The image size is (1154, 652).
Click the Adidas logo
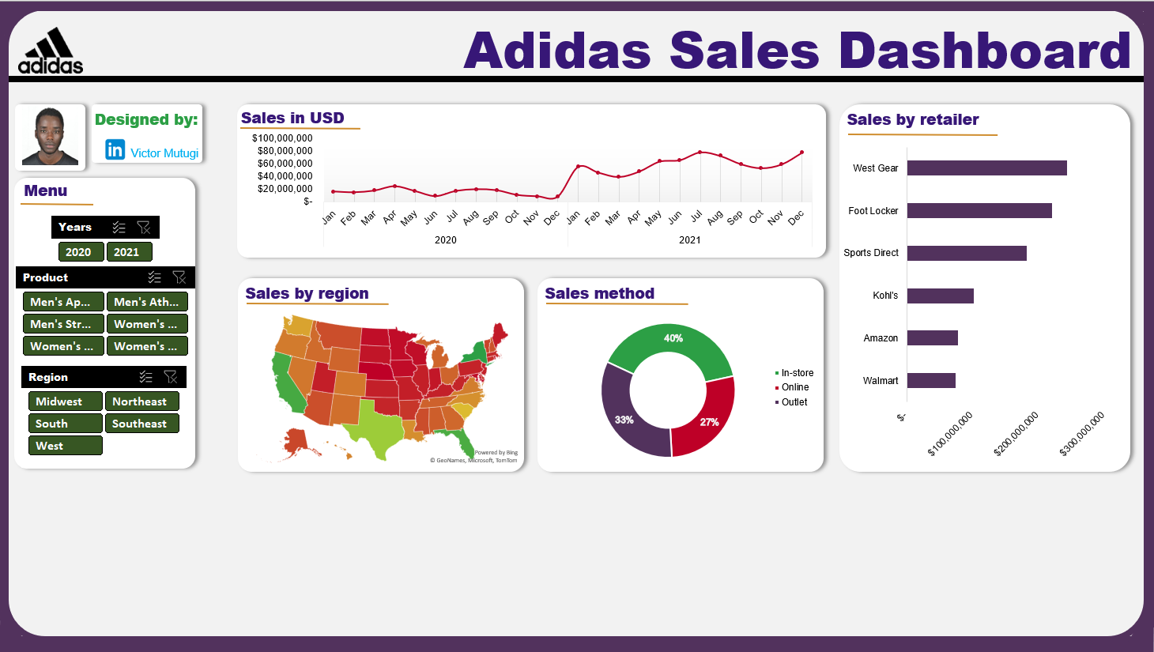[51, 51]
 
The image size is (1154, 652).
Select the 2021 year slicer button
[129, 252]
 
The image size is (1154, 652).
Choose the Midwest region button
[66, 401]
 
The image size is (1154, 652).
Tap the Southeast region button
[141, 424]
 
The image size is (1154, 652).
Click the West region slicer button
[66, 446]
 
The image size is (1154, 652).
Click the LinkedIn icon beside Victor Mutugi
[115, 149]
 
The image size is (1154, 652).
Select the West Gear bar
[986, 168]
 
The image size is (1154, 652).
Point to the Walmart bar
[931, 381]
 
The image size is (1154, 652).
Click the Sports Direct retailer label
[871, 253]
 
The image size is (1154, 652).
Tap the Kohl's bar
[940, 296]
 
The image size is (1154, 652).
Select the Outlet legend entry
[794, 402]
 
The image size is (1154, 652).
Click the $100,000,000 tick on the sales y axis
[282, 138]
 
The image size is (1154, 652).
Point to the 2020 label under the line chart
[446, 240]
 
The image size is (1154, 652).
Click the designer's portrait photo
[51, 136]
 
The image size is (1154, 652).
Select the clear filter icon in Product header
[179, 277]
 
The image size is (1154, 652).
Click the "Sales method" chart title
[600, 294]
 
